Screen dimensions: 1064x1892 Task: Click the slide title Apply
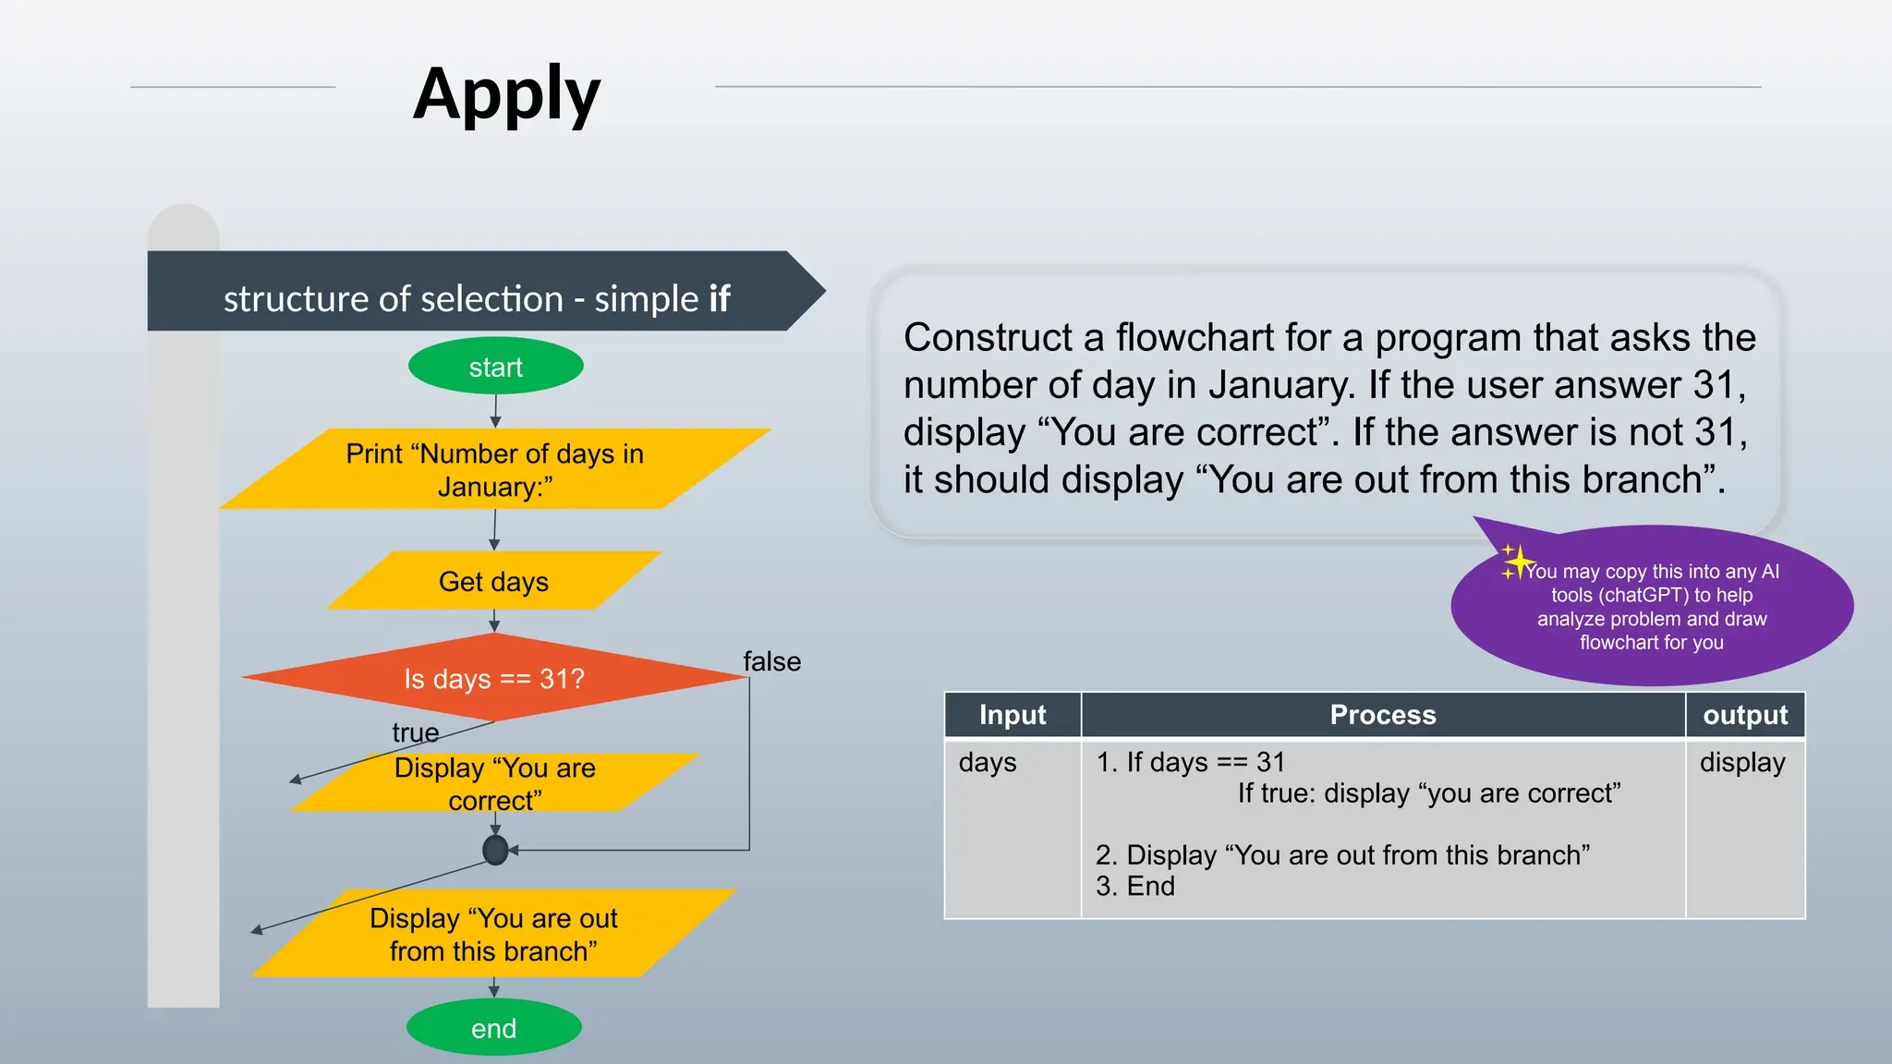(506, 95)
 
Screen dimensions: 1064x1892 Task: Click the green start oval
(495, 367)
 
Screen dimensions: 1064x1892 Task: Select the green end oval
(493, 1028)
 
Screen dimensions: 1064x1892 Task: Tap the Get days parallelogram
(493, 582)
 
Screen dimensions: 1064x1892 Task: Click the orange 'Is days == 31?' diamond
(493, 679)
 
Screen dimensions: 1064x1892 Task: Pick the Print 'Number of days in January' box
(495, 470)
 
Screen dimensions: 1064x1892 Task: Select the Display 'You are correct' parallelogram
(495, 783)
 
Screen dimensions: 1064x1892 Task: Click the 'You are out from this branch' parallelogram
(493, 934)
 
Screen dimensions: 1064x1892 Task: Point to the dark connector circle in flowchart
(495, 850)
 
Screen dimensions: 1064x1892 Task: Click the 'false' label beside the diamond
(771, 661)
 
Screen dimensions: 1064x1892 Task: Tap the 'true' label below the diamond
(415, 732)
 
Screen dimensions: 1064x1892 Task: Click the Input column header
(1013, 715)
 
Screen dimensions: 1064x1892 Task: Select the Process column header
(1383, 715)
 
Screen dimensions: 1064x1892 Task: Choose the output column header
(1744, 715)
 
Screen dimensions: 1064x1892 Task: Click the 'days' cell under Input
(988, 763)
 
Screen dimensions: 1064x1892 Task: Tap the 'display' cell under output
(1742, 763)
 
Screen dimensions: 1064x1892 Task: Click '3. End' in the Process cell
(1135, 887)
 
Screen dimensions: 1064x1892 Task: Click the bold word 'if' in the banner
(720, 299)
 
